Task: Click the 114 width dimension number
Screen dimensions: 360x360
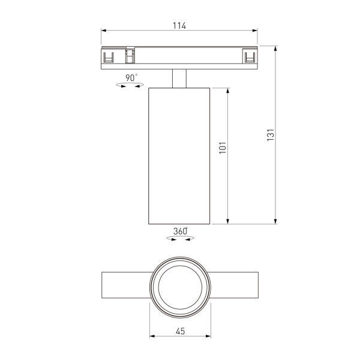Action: pos(179,25)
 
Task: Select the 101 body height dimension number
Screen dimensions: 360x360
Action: pos(222,149)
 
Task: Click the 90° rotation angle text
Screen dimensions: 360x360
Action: pos(131,77)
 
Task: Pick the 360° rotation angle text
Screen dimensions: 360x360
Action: pos(181,231)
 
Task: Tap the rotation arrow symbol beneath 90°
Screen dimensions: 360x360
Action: pos(131,86)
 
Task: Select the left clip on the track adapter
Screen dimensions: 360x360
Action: pos(109,57)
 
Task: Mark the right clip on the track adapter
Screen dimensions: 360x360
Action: pos(250,57)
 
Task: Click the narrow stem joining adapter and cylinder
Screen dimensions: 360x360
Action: pos(179,79)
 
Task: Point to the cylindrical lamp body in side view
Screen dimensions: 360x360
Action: pos(179,156)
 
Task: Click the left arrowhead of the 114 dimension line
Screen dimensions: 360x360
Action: pos(103,32)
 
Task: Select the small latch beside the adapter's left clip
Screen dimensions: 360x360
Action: pos(128,57)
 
